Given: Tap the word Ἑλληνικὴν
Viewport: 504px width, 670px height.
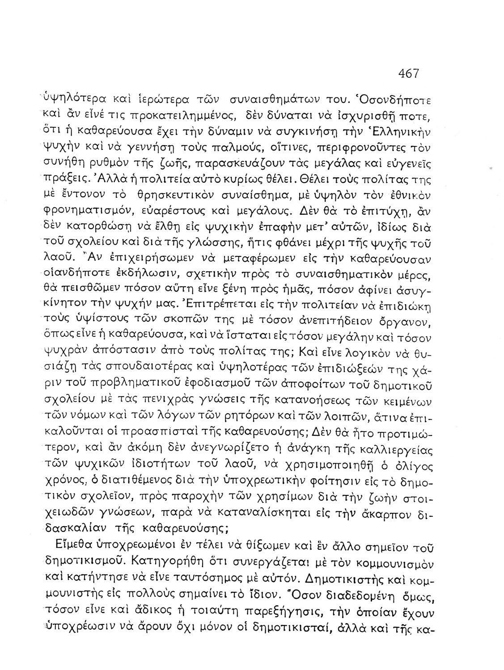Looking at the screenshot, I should (406, 133).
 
